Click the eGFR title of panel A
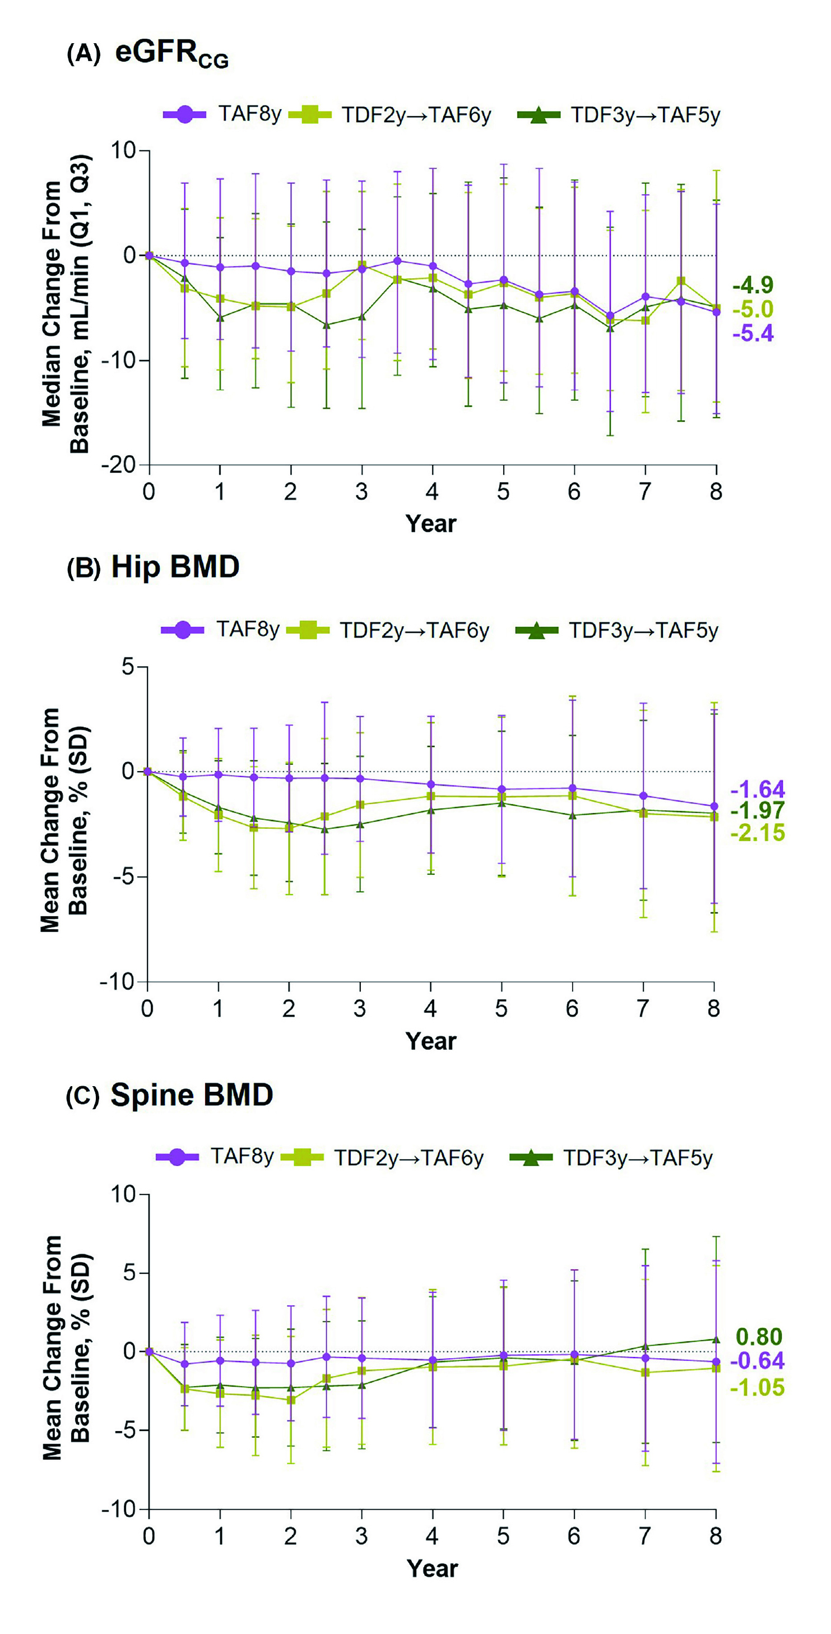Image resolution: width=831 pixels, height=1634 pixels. click(171, 53)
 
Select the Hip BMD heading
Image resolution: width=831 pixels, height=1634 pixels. click(175, 566)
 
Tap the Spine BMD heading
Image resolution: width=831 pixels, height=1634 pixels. click(192, 1094)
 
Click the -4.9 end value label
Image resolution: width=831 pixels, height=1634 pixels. click(753, 285)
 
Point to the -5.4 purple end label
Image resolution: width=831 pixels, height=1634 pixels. click(753, 333)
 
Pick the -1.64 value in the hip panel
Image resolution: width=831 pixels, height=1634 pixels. click(758, 789)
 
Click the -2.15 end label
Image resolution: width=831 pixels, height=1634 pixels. click(758, 832)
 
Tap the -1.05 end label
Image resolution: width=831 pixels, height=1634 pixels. click(758, 1387)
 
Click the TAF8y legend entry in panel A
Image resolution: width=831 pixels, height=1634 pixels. click(222, 115)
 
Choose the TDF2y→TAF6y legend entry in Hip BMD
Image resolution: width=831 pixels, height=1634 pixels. click(388, 630)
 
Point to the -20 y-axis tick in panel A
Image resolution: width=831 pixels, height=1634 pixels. click(119, 465)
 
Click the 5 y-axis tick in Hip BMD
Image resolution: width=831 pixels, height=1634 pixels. click(129, 667)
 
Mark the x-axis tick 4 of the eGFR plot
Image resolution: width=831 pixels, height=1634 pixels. click(432, 492)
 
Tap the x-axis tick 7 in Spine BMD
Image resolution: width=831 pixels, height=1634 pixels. click(644, 1536)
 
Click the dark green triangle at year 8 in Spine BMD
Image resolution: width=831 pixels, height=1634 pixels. click(716, 1340)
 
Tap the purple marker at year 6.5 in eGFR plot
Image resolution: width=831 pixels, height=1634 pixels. click(610, 315)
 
